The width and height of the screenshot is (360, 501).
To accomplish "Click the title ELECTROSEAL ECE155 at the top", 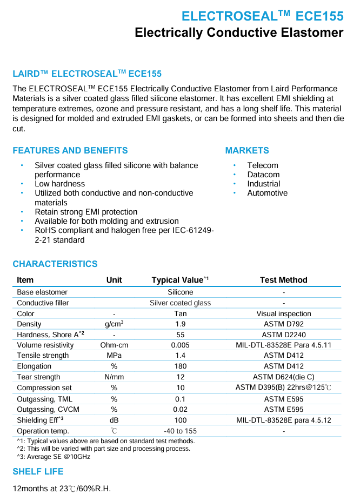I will pos(262,16).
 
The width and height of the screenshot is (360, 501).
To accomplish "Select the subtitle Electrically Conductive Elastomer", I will pos(239,33).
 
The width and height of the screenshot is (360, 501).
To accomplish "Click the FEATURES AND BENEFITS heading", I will pos(70,150).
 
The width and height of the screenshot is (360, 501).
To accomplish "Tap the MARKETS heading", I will pos(247,150).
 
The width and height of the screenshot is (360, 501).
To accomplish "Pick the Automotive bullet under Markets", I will pos(267,193).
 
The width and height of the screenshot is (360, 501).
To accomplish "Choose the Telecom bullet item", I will pos(263,165).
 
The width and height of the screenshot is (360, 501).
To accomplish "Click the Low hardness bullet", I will pos(59,184).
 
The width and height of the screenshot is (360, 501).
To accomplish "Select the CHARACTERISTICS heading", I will pos(55,264).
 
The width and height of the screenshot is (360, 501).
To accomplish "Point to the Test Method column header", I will pos(283,280).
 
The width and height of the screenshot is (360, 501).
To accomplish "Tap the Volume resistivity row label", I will pos(45,345).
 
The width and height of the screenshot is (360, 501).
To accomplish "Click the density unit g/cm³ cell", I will pos(114,324).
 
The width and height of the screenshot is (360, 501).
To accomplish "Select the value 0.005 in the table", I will pos(180,345).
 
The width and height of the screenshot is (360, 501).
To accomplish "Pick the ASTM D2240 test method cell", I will pos(283,335).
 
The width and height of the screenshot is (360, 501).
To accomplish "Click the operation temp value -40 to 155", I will pos(180,431).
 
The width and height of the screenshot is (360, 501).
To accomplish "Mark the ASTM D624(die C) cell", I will pos(283,377).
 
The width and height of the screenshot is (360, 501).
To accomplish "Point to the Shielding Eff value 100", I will pos(180,420).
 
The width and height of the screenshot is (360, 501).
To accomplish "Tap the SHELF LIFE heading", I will pos(38,472).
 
